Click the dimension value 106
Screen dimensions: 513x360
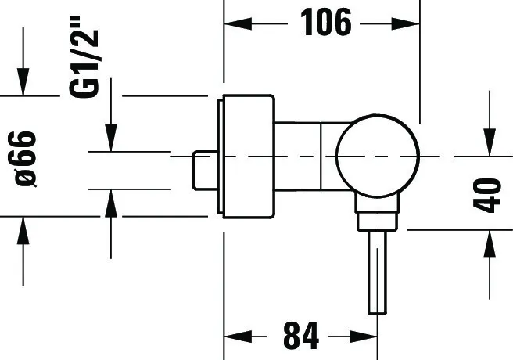(x=326, y=23)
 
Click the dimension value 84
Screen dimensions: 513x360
(x=301, y=336)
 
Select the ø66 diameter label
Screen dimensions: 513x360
(x=26, y=159)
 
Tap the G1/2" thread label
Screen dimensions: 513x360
(x=84, y=56)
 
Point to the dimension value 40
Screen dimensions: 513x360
(x=487, y=195)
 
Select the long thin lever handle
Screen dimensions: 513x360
(x=377, y=272)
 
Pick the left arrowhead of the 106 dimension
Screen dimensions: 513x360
(x=238, y=24)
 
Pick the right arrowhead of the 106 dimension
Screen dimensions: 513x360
(x=406, y=24)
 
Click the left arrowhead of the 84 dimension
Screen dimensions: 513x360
(x=238, y=336)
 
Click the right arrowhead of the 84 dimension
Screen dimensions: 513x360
(x=364, y=336)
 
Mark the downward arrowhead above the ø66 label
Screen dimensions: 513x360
(x=23, y=82)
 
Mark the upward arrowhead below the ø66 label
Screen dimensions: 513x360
(x=23, y=231)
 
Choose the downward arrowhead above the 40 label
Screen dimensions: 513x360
(x=490, y=142)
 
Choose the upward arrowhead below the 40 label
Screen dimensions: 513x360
(x=490, y=244)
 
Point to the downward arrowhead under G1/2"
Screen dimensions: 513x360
(x=111, y=138)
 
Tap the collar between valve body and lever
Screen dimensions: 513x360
(x=377, y=213)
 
